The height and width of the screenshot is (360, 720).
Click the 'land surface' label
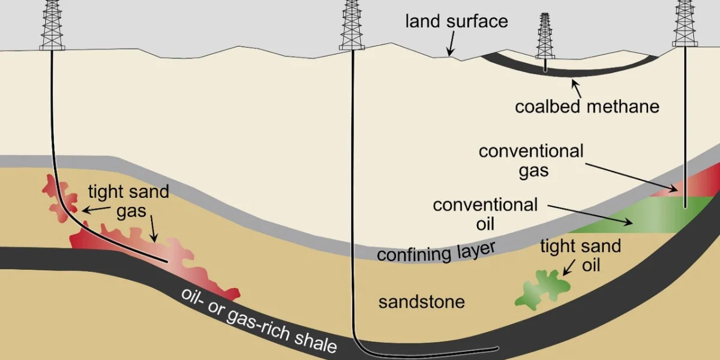pos(457,22)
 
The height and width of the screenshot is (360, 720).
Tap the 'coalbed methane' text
pos(587,106)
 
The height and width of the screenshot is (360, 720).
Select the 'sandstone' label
pos(422,302)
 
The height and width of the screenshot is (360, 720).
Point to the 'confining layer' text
pos(436,253)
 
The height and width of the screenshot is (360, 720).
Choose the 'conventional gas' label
pos(531,161)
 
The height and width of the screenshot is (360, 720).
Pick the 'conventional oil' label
pos(485,214)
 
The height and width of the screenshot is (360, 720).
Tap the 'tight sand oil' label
pos(581,256)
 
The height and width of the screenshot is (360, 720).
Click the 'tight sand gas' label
pos(128,201)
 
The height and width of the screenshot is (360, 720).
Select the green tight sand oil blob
pos(542,289)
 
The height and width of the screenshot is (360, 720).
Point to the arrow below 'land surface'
pos(451,43)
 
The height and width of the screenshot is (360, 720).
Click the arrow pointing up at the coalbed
pos(576,88)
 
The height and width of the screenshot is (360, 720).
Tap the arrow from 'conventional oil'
pos(590,215)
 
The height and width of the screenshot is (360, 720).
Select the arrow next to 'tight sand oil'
pos(569,268)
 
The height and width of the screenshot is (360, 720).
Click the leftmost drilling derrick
pos(52,25)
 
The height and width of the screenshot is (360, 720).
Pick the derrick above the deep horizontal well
pos(352,25)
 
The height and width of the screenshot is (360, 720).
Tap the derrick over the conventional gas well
pos(685,23)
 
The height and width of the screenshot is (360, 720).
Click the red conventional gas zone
pos(691,185)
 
